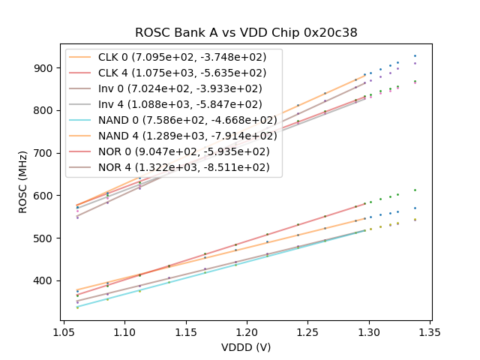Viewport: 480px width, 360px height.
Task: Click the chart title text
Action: point(246,33)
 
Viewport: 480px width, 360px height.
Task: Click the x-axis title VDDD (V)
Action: point(246,347)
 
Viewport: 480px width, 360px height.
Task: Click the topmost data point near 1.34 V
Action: point(415,56)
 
